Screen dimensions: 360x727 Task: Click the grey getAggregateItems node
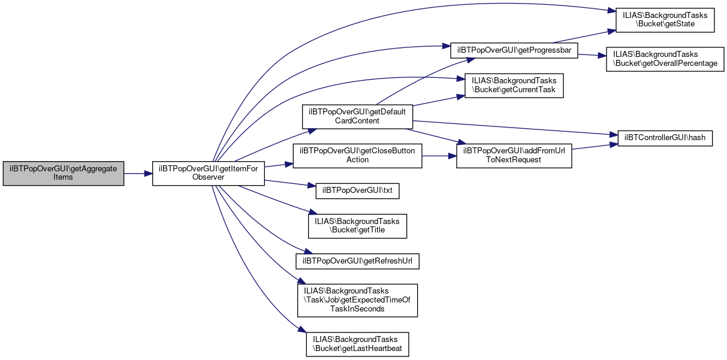click(x=63, y=173)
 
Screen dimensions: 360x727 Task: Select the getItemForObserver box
click(x=208, y=173)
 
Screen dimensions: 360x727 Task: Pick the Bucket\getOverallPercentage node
click(x=665, y=59)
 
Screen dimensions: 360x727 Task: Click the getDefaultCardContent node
click(x=357, y=117)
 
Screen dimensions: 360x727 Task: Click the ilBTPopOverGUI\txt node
click(x=357, y=190)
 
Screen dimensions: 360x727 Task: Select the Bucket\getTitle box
click(x=357, y=225)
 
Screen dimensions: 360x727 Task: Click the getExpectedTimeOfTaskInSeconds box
click(x=357, y=300)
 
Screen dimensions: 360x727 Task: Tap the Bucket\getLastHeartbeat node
click(x=357, y=344)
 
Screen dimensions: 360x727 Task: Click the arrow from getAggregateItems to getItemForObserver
click(x=138, y=173)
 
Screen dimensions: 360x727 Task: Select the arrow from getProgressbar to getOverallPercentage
click(x=592, y=55)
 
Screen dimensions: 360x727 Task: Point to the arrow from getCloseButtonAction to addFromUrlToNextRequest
click(x=439, y=156)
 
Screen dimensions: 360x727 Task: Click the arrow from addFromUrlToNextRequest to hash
click(x=591, y=147)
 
